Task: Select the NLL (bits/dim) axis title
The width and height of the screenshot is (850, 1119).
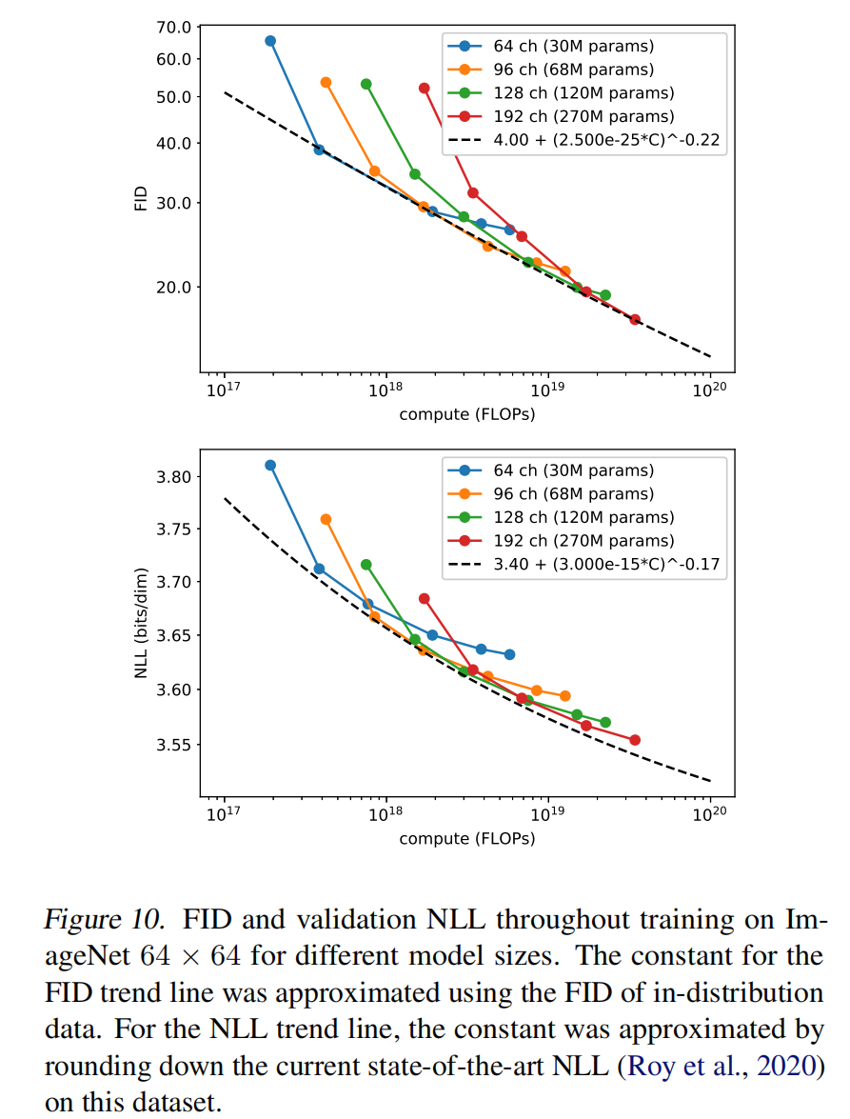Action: point(141,623)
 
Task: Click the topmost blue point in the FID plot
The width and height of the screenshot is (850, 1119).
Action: point(270,41)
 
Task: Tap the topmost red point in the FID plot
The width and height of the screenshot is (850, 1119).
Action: point(425,88)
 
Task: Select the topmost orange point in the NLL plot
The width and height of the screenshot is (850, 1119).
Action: point(326,519)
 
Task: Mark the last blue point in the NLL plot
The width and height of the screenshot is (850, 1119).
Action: point(510,654)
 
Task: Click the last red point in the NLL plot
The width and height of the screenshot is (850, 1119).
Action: point(635,740)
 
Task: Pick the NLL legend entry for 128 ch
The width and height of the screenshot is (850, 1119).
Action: point(583,517)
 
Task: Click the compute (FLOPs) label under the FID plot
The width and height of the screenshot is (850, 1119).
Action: point(466,414)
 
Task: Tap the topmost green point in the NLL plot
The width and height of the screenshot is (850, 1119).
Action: point(366,565)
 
